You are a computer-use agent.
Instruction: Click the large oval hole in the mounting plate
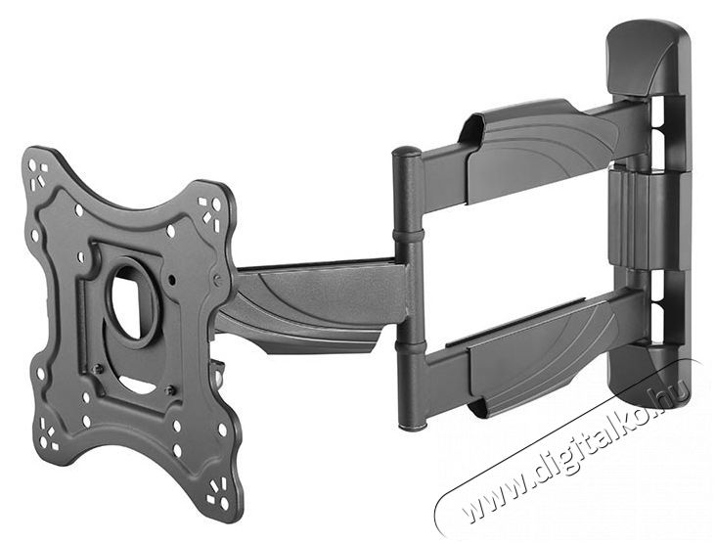pyautogui.click(x=132, y=298)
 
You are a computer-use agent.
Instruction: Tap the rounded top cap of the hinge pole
pyautogui.click(x=407, y=152)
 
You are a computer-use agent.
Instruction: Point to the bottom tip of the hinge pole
pyautogui.click(x=413, y=428)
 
